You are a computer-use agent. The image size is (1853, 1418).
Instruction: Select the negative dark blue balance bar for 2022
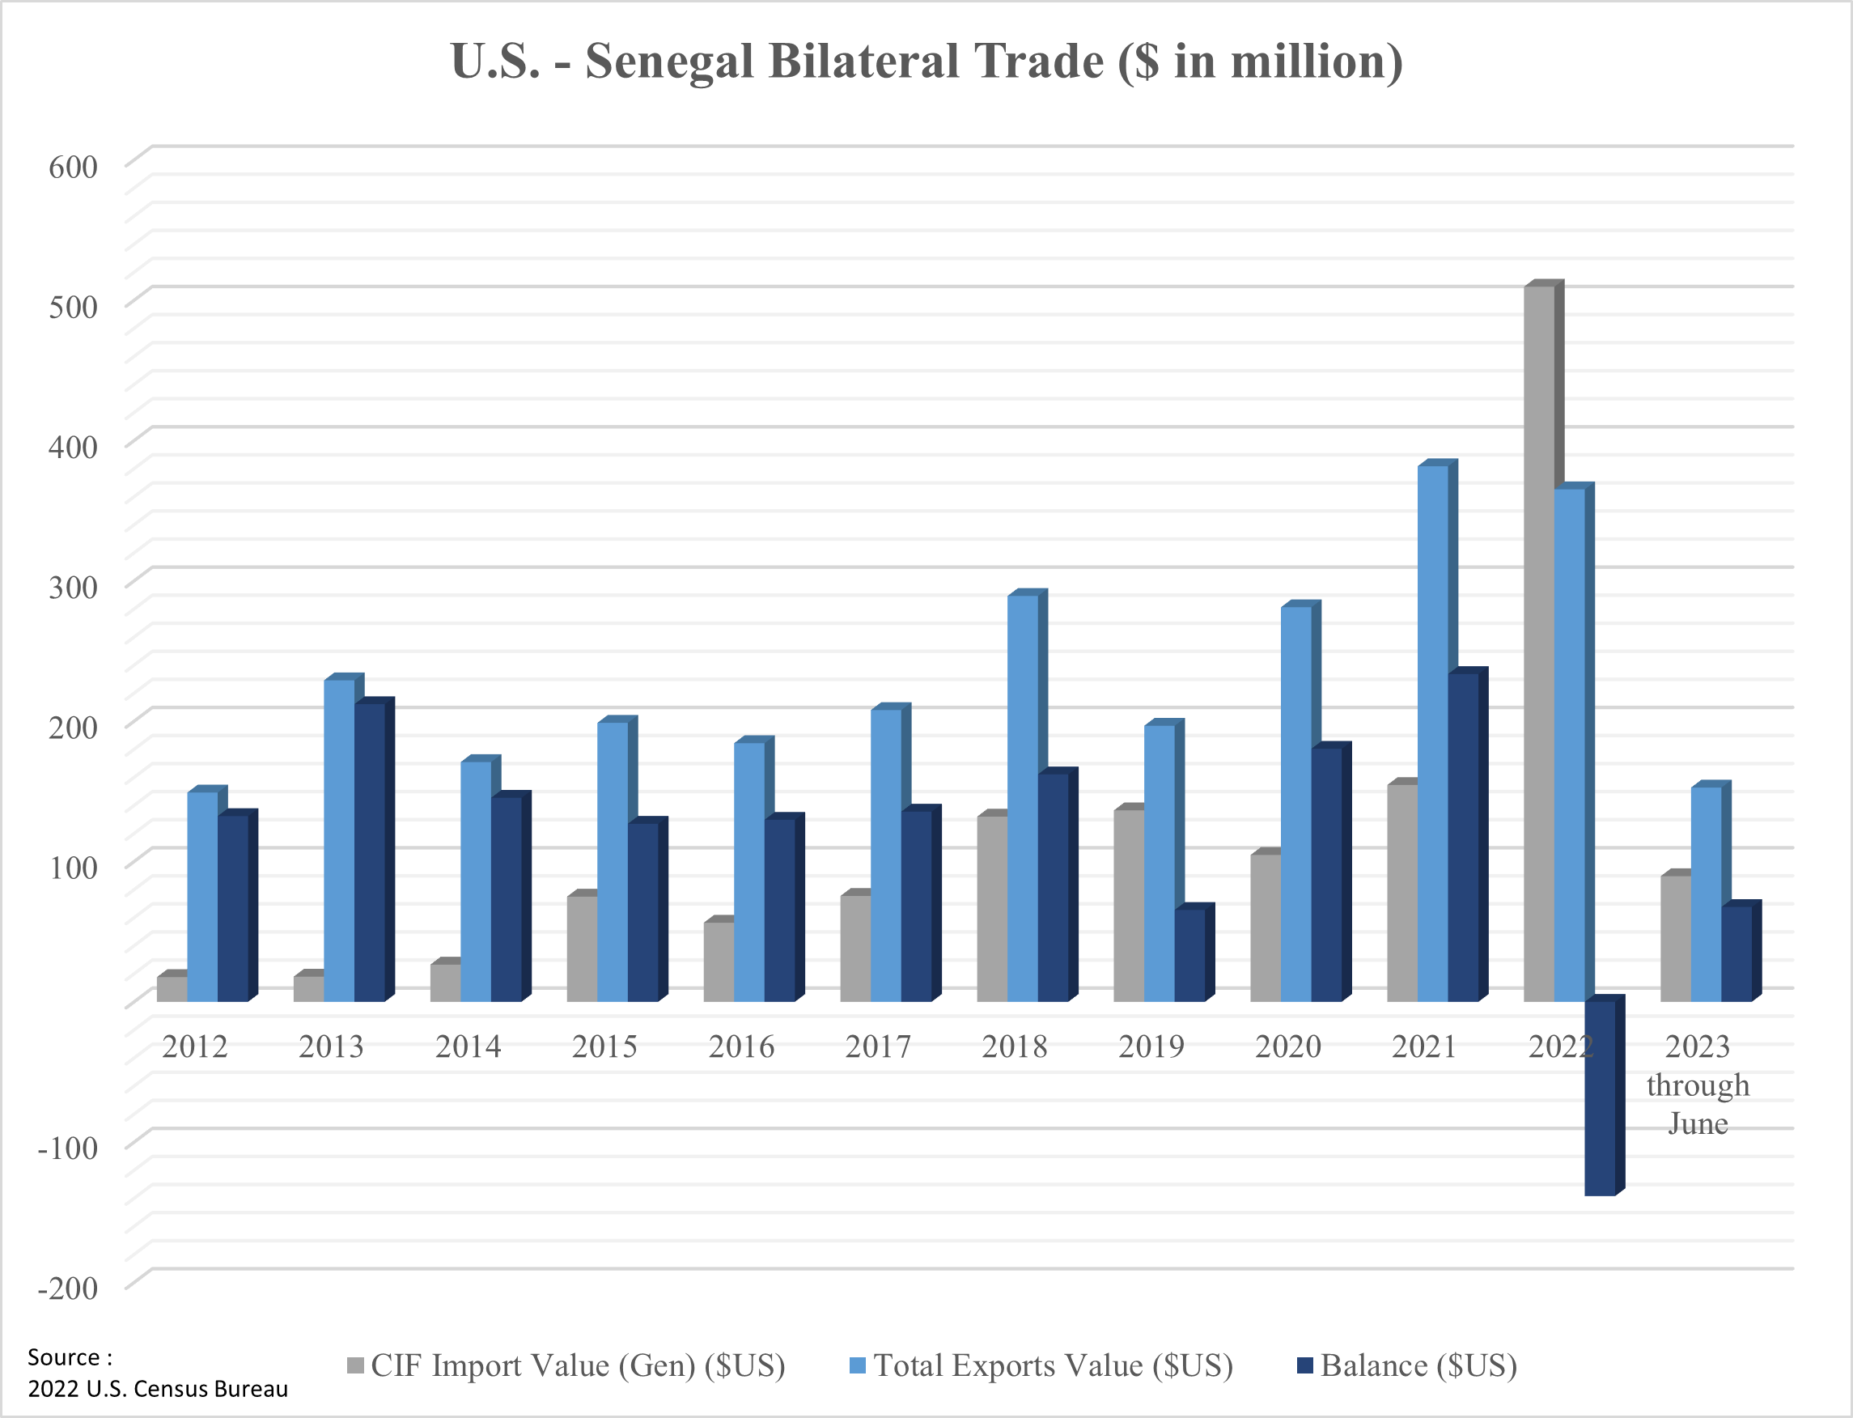pos(1600,1097)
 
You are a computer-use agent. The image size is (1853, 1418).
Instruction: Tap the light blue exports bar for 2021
pos(1433,734)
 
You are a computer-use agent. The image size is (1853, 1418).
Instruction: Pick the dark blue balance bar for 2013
pos(370,852)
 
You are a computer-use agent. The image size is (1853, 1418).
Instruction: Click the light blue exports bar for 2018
pos(1023,798)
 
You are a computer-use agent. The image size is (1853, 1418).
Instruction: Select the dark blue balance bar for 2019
pos(1189,953)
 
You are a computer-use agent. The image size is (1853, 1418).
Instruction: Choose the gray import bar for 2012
pos(172,988)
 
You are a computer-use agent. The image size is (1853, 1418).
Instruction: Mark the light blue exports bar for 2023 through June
pos(1707,894)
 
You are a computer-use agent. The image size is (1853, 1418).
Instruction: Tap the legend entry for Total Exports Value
pos(1041,1365)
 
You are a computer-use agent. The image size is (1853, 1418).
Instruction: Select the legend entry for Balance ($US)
pos(1407,1365)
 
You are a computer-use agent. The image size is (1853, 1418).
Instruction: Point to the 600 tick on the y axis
pos(74,167)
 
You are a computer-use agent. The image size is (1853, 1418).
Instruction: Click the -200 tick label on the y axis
pos(68,1288)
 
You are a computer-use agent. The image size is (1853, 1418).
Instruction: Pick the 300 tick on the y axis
pos(74,587)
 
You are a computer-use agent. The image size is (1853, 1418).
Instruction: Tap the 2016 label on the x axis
pos(741,1047)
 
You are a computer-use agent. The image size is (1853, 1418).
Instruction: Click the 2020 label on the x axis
pos(1287,1047)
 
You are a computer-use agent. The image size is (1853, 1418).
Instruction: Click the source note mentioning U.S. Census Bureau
pos(158,1389)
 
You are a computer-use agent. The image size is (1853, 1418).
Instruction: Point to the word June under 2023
pos(1698,1123)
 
